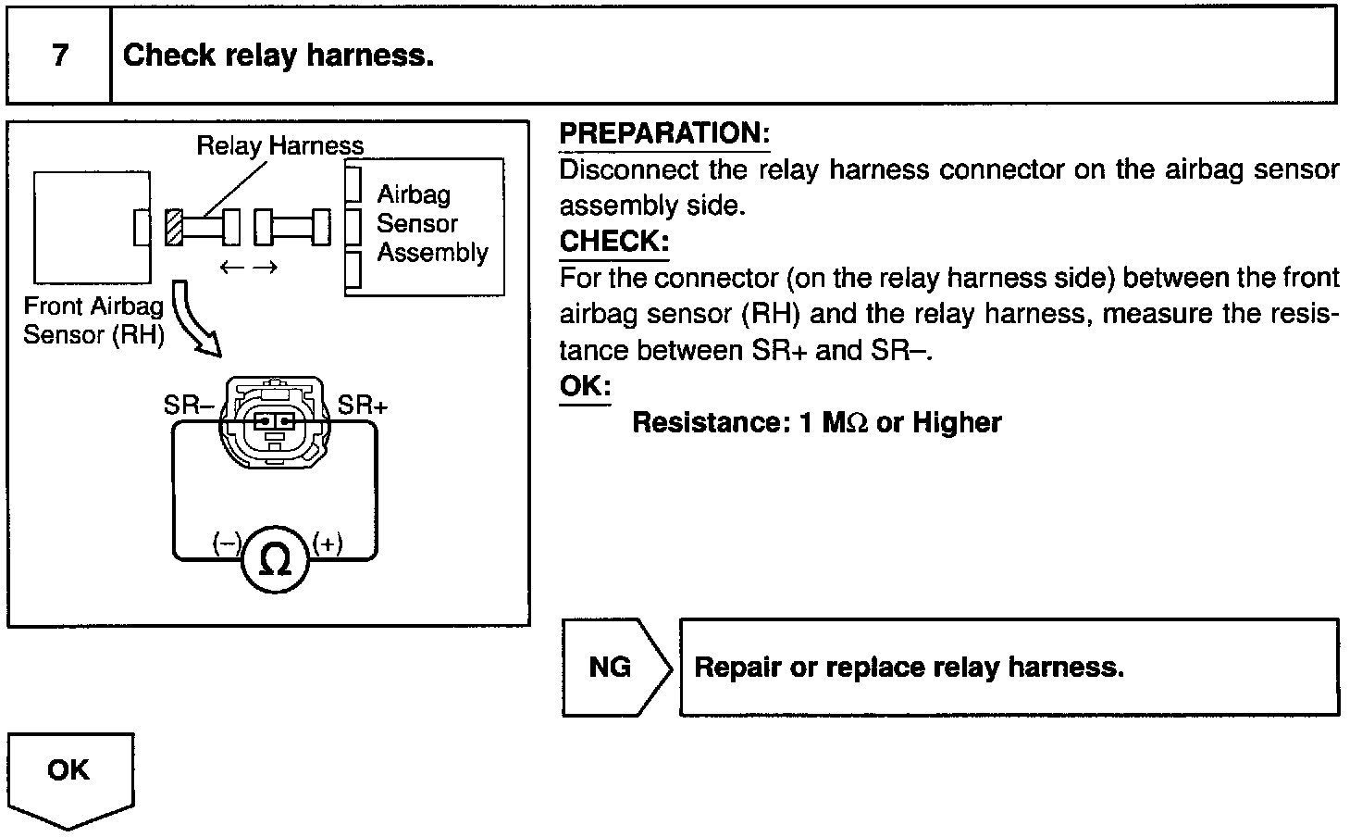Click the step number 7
tap(60, 56)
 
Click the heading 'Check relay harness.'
tap(278, 56)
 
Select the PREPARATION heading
tap(664, 133)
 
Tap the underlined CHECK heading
tap(613, 242)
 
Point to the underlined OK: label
tap(585, 386)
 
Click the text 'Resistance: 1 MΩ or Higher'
tap(816, 423)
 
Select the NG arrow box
tap(613, 667)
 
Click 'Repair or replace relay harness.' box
tap(1009, 667)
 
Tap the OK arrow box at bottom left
tap(70, 776)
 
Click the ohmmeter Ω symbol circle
tap(275, 560)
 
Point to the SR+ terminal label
tap(363, 406)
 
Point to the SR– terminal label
tap(189, 406)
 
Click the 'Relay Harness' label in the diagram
tap(279, 145)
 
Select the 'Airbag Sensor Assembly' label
tap(430, 223)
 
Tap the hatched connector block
tap(173, 228)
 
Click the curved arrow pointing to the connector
tap(196, 320)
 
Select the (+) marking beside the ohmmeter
tap(328, 543)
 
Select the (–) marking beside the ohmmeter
tap(227, 543)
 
